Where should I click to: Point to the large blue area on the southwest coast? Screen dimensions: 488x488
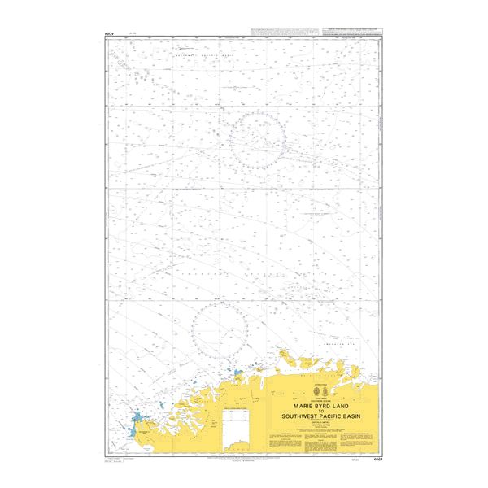(134, 423)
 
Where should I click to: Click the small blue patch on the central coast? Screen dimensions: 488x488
(237, 375)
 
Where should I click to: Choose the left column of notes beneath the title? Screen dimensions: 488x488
(287, 441)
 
